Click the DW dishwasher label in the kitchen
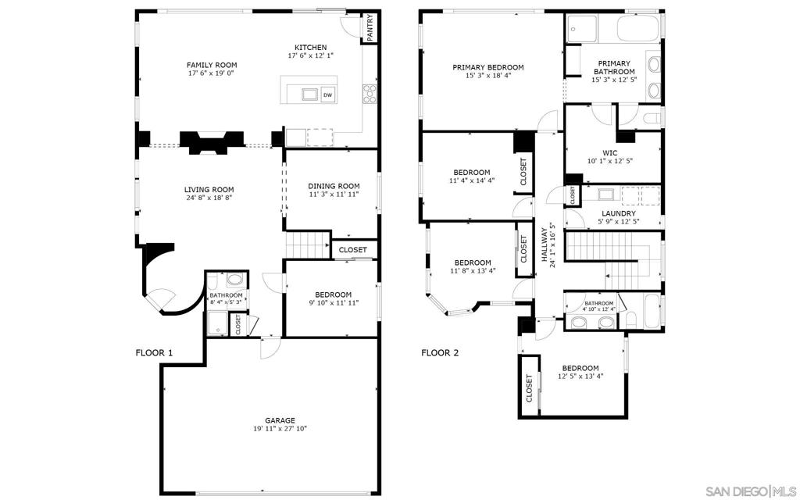(327, 95)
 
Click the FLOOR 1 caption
(154, 353)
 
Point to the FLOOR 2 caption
(440, 353)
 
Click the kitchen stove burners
(370, 93)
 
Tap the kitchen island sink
(310, 95)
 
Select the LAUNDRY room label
(618, 213)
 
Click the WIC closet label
(610, 152)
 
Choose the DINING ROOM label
(334, 186)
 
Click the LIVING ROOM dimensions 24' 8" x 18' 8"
(209, 198)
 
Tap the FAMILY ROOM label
(212, 65)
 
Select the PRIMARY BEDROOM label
(488, 67)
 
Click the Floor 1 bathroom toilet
(234, 280)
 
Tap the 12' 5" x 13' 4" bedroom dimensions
(580, 377)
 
